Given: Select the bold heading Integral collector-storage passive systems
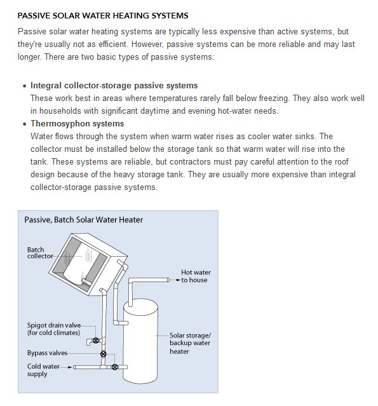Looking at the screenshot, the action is (x=114, y=85).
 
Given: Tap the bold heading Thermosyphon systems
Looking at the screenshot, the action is (x=77, y=123).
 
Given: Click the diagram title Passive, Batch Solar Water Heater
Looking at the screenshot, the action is (x=84, y=220).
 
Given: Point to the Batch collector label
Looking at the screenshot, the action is (x=40, y=253).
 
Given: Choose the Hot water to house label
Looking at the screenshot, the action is (x=196, y=276).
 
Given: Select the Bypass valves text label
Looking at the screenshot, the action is (x=47, y=353).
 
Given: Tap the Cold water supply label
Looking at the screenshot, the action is (x=43, y=370).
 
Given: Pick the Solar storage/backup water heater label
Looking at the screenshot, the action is (x=190, y=343).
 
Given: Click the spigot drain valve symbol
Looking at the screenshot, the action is (x=95, y=340).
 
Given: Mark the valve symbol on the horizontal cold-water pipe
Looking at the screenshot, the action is (x=115, y=367).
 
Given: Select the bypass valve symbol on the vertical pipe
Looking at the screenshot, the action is (x=104, y=354).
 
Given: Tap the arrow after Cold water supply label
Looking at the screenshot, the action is (x=69, y=367).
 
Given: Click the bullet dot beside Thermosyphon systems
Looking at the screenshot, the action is (x=25, y=124).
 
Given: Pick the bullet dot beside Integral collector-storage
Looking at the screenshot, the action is (x=25, y=86).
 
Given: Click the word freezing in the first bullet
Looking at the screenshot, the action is (x=274, y=98).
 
